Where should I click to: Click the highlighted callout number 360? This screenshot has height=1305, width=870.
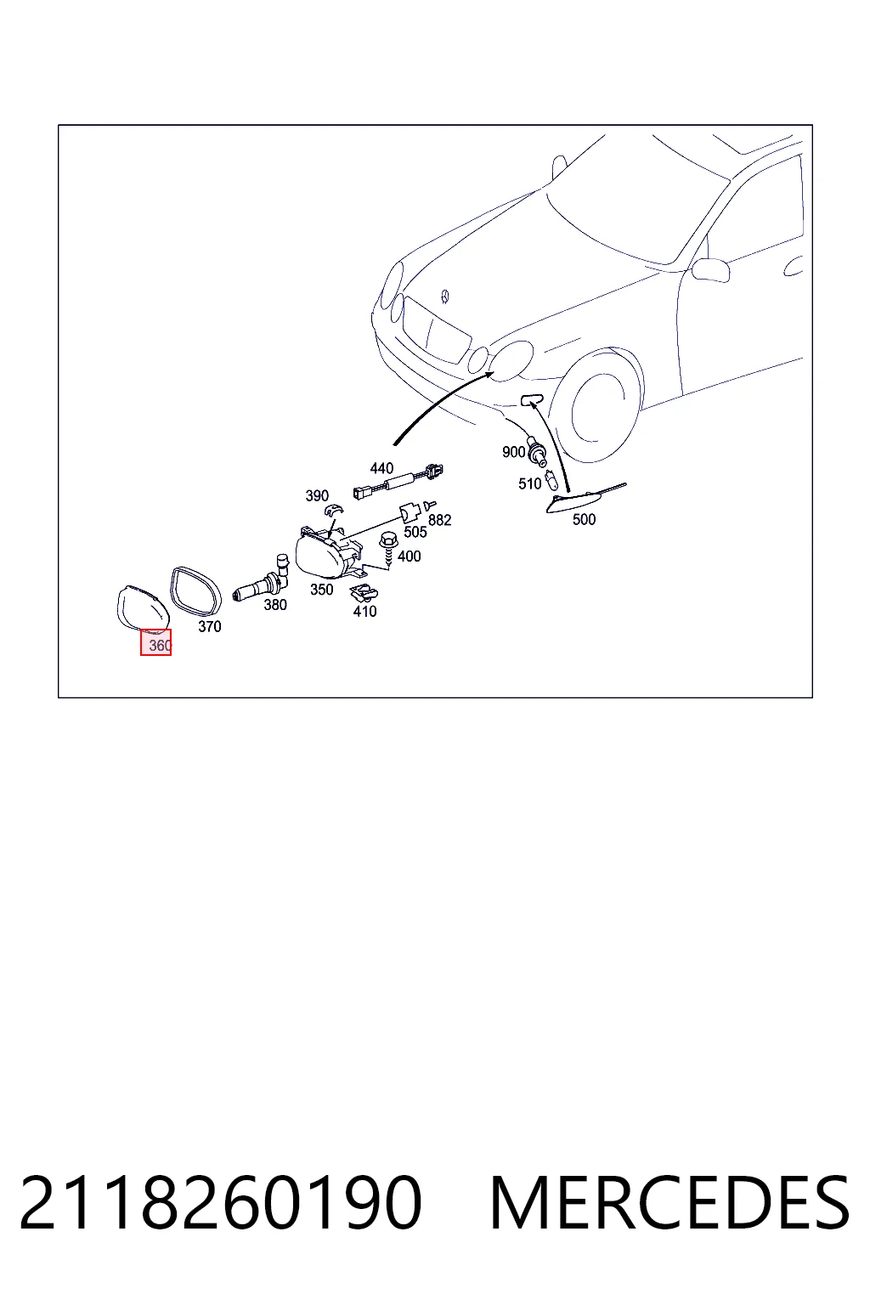160,646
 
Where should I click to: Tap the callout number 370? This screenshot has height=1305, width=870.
210,626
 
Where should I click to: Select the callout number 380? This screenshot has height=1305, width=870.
275,605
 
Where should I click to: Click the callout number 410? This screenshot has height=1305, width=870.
364,611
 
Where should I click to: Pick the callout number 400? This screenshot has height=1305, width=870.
409,556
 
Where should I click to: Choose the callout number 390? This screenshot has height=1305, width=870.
317,496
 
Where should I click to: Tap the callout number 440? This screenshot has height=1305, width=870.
381,468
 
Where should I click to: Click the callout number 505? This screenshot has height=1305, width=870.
415,532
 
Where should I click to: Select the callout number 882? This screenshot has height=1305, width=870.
440,520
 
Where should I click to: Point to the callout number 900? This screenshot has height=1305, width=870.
513,452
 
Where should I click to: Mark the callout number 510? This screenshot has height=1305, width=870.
529,483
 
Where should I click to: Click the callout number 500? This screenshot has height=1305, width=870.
584,519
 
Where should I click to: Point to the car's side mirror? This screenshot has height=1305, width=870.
710,269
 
